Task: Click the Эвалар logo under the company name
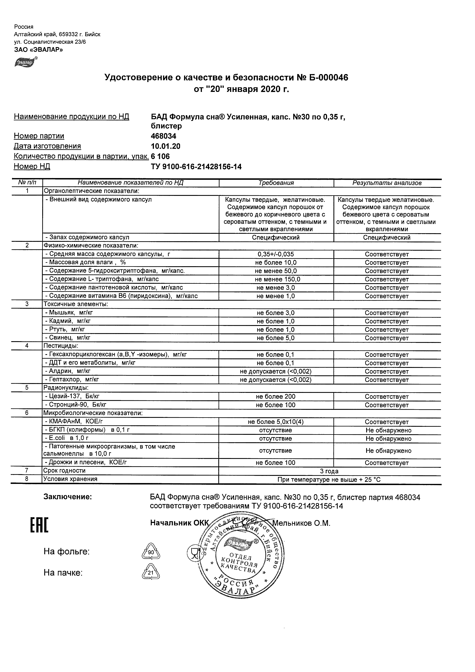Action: pyautogui.click(x=26, y=62)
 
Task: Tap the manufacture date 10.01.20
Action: pyautogui.click(x=166, y=146)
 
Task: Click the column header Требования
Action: pyautogui.click(x=276, y=183)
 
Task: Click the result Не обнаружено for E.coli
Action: pyautogui.click(x=388, y=439)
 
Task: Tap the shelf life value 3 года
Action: pyautogui.click(x=329, y=471)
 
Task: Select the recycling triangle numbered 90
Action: pyautogui.click(x=151, y=551)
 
